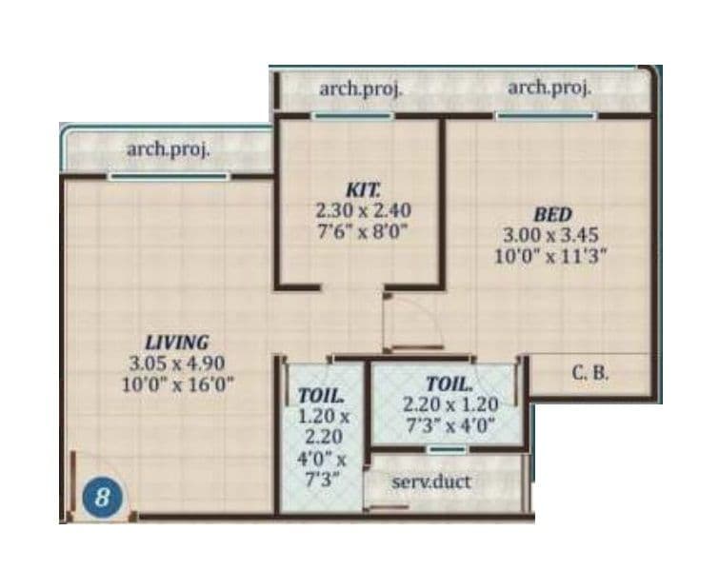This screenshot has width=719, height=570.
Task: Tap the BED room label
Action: [552, 215]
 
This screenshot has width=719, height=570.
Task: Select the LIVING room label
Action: [177, 343]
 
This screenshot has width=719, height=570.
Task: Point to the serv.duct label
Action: [431, 482]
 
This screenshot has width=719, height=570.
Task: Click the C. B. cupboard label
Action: [590, 373]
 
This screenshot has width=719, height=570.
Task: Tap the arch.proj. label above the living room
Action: [169, 148]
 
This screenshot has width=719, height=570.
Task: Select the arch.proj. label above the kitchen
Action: [361, 88]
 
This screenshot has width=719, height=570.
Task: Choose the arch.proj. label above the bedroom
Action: [549, 87]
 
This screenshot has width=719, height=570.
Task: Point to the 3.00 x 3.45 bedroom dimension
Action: [552, 234]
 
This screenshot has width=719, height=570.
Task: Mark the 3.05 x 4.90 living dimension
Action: [177, 363]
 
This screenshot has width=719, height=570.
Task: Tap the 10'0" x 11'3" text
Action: [552, 255]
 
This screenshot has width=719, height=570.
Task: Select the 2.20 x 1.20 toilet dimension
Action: [449, 404]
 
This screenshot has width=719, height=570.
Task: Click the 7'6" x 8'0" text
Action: [363, 228]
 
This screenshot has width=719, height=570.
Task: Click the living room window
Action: [169, 176]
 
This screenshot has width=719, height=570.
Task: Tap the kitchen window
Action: [353, 116]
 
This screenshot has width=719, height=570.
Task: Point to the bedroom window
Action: [547, 116]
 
